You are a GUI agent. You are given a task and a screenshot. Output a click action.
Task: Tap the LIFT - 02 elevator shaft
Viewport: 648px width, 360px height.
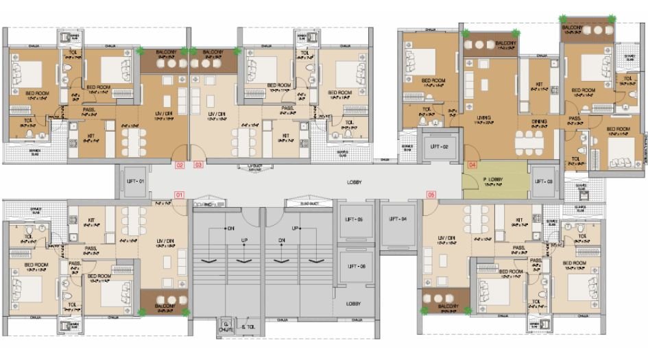[439, 147]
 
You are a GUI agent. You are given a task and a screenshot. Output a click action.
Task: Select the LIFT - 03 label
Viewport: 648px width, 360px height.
[544, 181]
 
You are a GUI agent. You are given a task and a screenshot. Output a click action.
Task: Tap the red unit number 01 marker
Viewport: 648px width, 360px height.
[180, 195]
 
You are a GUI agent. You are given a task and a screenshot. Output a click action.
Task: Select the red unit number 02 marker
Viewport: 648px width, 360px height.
[180, 165]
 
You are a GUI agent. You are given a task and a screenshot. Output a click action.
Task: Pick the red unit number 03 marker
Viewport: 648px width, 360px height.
[198, 165]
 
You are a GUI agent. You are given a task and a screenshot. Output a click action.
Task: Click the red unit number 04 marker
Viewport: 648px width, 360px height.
[472, 165]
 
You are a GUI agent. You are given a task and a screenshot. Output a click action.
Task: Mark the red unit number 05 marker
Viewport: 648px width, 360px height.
[431, 195]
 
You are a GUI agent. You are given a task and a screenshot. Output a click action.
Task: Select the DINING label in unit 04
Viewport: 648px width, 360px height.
[539, 121]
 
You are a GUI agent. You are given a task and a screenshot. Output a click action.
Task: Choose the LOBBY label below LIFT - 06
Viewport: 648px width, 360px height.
[354, 303]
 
